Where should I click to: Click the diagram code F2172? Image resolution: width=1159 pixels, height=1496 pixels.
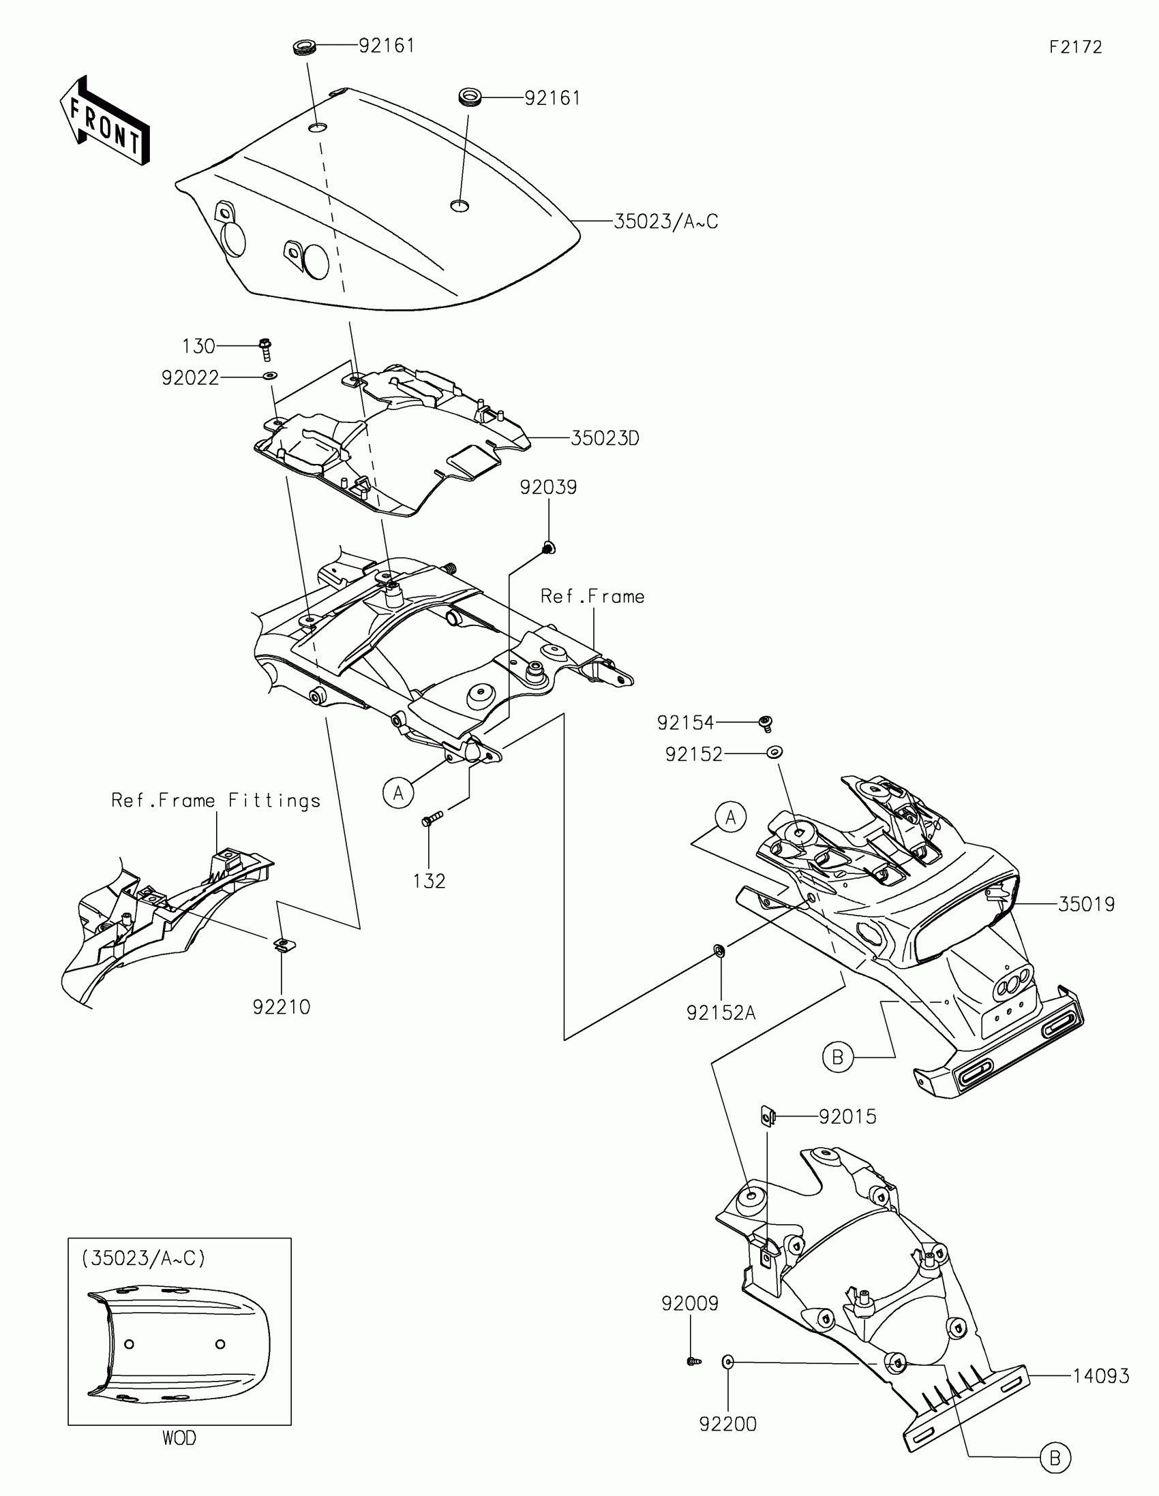1075,47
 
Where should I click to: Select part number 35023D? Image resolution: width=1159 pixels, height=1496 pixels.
605,439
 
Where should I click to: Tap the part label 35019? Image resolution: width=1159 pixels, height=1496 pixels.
1086,905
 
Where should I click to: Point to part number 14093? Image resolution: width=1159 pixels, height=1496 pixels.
1101,1376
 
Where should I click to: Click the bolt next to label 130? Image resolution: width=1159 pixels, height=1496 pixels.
266,348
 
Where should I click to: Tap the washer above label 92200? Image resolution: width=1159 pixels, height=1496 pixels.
728,1362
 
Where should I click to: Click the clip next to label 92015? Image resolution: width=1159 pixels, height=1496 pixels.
768,1117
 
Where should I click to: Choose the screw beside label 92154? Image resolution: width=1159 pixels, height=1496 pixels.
766,723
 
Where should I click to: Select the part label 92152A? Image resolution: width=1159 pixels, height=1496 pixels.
721,1012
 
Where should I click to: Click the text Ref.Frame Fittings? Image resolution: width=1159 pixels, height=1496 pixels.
216,800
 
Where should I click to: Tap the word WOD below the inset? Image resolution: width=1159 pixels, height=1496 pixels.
179,1439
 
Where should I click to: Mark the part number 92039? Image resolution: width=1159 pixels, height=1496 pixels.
548,487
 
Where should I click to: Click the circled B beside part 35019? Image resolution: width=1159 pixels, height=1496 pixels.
838,1057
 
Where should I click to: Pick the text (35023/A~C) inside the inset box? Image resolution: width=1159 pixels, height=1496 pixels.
143,1258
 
